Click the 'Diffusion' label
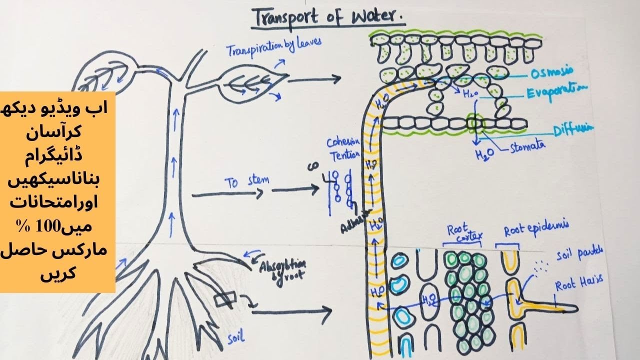(x=573, y=129)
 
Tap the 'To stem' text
(x=246, y=182)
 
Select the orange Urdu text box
(x=57, y=192)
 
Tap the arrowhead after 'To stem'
(x=316, y=188)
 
